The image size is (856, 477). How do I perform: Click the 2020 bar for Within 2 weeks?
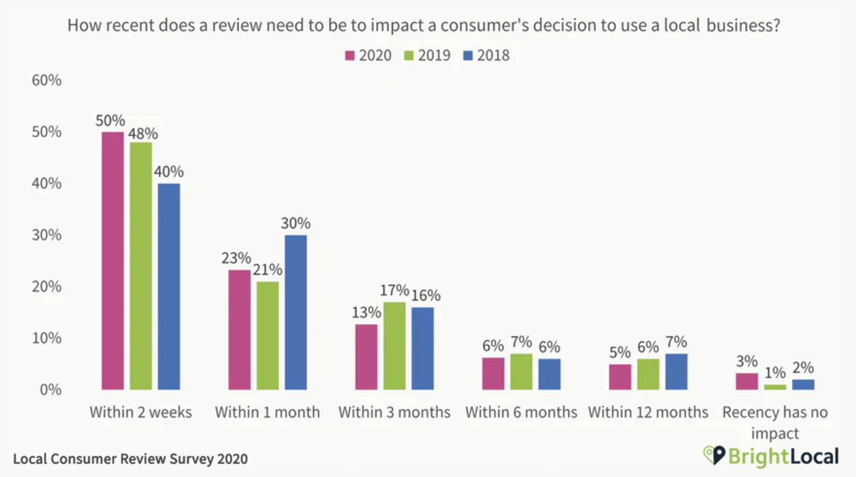pyautogui.click(x=112, y=260)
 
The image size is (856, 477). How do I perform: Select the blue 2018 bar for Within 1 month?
pyautogui.click(x=296, y=312)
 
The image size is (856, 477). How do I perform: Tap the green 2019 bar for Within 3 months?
pyautogui.click(x=394, y=346)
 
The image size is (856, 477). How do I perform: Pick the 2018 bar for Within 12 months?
pyautogui.click(x=676, y=371)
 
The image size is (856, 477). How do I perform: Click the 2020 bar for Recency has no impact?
pyautogui.click(x=747, y=381)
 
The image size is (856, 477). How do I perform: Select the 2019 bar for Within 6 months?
pyautogui.click(x=521, y=371)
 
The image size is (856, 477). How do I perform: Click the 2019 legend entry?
pyautogui.click(x=427, y=56)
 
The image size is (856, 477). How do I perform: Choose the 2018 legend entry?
pyautogui.click(x=486, y=56)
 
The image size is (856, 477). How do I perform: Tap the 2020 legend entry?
pyautogui.click(x=368, y=56)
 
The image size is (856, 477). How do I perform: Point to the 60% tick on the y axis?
pyautogui.click(x=46, y=81)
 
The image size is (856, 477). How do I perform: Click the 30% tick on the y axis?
pyautogui.click(x=46, y=235)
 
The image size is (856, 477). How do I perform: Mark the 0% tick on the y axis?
pyautogui.click(x=50, y=389)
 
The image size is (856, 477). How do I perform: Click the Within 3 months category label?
pyautogui.click(x=394, y=412)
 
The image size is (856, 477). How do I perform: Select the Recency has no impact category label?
pyautogui.click(x=775, y=421)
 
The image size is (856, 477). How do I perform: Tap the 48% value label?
pyautogui.click(x=143, y=133)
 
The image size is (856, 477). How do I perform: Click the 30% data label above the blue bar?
pyautogui.click(x=296, y=223)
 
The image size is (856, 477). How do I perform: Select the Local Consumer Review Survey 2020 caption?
pyautogui.click(x=130, y=459)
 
